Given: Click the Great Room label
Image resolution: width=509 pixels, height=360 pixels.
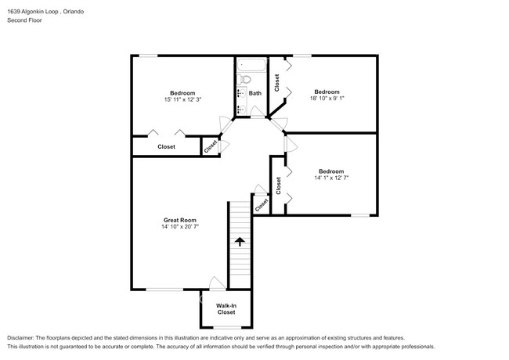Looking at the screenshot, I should click(x=179, y=221).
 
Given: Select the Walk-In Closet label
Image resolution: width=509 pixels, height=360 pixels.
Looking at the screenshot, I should click(x=226, y=308).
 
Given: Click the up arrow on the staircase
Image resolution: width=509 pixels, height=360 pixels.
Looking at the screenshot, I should click(x=240, y=243).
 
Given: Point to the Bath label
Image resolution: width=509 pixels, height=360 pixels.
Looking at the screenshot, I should click(x=255, y=92).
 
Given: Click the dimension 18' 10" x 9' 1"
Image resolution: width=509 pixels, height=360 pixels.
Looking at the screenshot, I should click(x=327, y=98).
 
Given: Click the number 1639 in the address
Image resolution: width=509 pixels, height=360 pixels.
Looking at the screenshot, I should click(x=14, y=12).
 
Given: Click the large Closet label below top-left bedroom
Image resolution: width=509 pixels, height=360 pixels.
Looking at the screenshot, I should click(x=166, y=146).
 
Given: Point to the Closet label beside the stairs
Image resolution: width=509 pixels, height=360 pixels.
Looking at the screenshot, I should click(x=261, y=203).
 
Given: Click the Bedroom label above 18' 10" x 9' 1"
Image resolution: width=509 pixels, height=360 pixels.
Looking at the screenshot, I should click(x=327, y=91).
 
